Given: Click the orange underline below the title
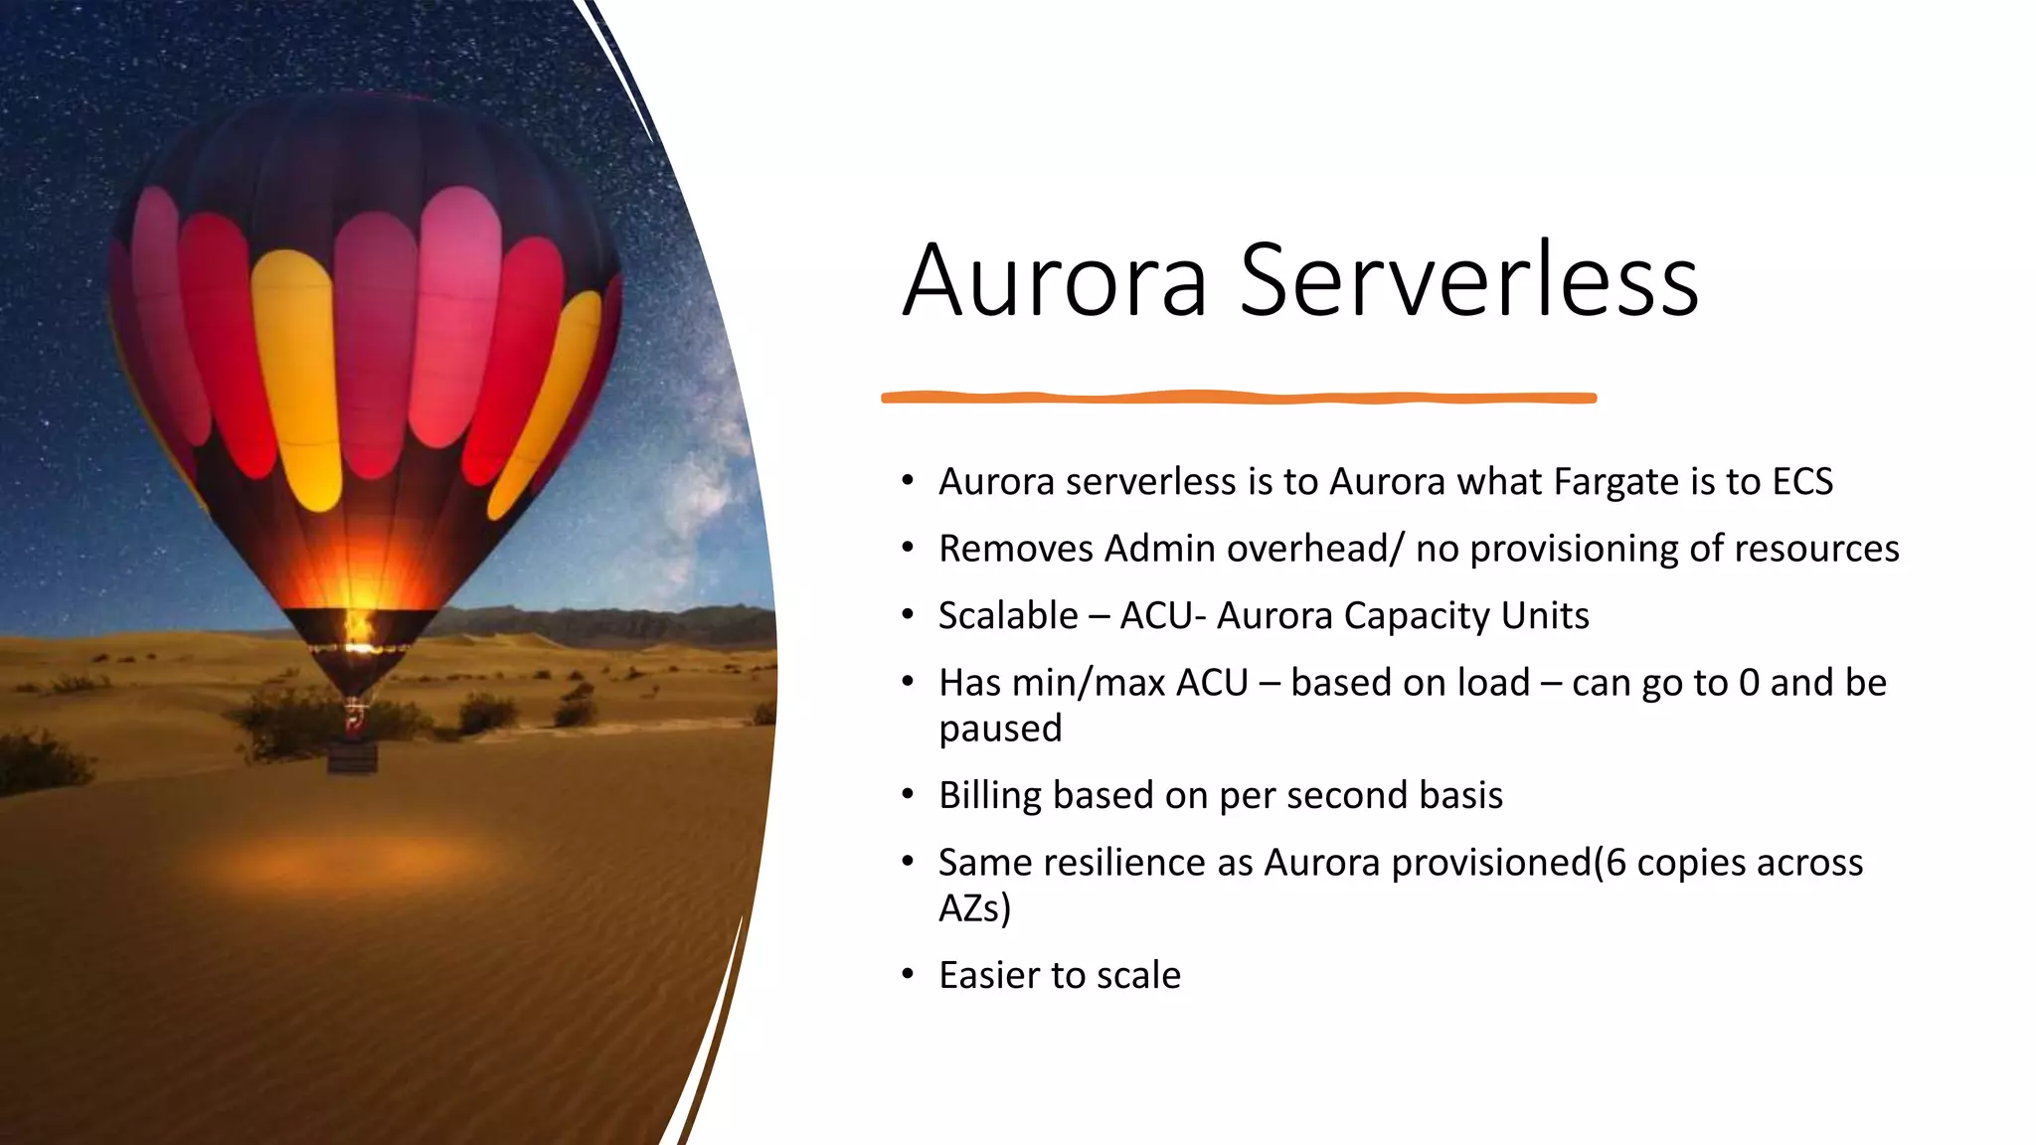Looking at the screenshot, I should (x=1239, y=398).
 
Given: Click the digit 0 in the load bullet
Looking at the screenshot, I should (x=1749, y=683).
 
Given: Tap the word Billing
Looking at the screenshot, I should (x=989, y=795).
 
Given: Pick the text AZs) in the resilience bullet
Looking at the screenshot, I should (x=974, y=908).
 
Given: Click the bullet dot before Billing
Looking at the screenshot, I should (x=907, y=795).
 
